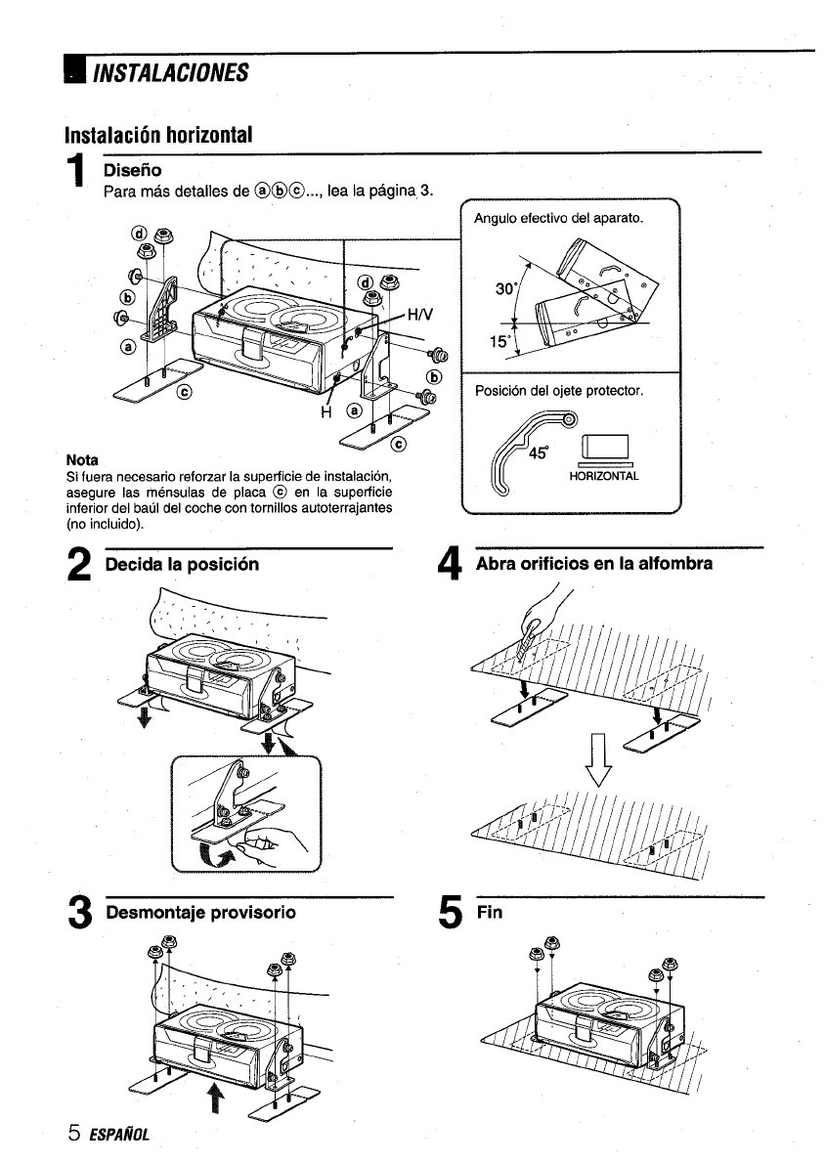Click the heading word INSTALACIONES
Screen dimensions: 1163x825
pos(170,73)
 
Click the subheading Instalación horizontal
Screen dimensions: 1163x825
pos(159,134)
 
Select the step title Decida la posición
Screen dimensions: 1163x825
pos(183,566)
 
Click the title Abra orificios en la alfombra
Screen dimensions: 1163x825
pos(594,565)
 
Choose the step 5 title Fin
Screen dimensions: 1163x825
pos(489,912)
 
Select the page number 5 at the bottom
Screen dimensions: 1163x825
pos(73,1135)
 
